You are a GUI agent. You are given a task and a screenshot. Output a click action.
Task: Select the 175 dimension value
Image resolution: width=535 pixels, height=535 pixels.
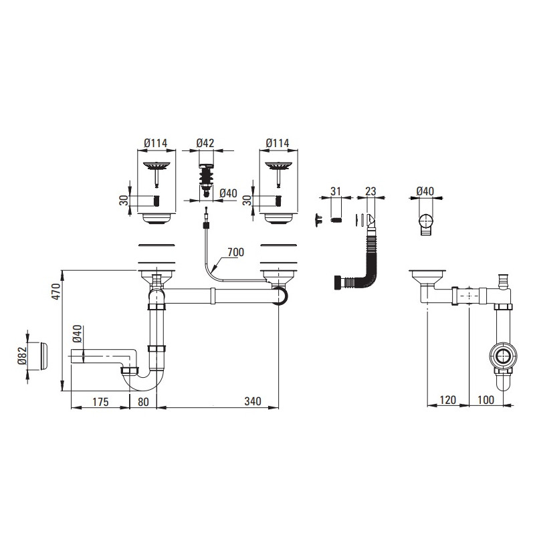point(100,402)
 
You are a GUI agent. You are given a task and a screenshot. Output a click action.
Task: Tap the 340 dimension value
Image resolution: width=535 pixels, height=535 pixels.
point(253,401)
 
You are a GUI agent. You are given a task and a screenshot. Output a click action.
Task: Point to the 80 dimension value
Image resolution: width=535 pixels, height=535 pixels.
point(143,402)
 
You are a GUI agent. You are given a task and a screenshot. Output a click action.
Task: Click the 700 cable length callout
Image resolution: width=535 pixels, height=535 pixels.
point(236,252)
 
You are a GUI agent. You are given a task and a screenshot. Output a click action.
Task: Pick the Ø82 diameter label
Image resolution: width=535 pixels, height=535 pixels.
point(22,356)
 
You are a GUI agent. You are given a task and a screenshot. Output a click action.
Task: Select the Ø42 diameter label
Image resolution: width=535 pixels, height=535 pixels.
point(205,143)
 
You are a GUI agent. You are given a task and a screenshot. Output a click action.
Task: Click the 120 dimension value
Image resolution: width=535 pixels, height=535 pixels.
point(447,399)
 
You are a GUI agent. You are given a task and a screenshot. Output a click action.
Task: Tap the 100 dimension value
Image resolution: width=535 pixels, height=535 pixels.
point(486,399)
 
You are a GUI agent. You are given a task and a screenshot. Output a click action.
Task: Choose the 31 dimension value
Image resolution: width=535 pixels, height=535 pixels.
point(336,191)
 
